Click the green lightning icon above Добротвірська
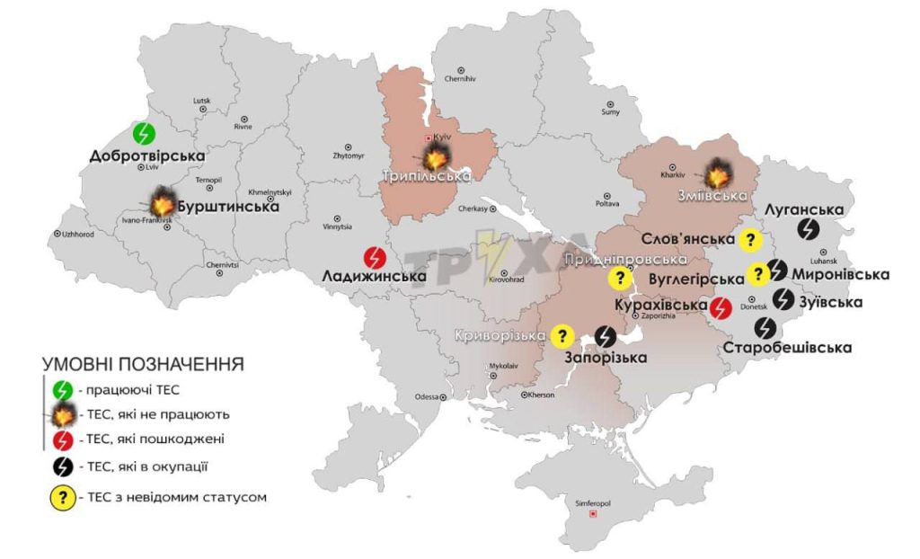(144, 134)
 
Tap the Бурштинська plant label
(226, 206)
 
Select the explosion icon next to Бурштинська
(163, 200)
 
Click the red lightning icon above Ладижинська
(375, 257)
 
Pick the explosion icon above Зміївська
(719, 171)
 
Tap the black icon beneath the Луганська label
(809, 230)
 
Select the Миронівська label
(840, 274)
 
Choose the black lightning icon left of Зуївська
(783, 299)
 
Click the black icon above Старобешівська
(765, 327)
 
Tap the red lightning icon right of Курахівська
(720, 308)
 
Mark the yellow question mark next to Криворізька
(562, 335)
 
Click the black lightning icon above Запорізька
(606, 335)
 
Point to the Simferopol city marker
(592, 515)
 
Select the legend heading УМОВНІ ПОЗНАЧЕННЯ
(143, 365)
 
